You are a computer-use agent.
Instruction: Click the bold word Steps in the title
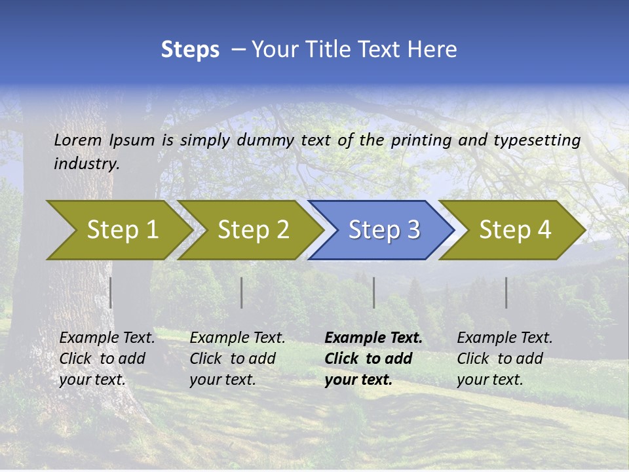click(x=190, y=50)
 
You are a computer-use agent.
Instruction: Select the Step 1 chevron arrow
click(x=118, y=230)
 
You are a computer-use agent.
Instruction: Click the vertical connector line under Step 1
click(x=111, y=292)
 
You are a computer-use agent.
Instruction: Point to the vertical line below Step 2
click(x=242, y=292)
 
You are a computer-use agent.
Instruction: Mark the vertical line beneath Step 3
click(x=374, y=292)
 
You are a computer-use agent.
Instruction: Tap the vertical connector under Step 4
click(x=506, y=292)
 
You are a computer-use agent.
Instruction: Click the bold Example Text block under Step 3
click(x=373, y=359)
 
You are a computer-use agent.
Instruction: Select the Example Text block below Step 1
click(x=107, y=359)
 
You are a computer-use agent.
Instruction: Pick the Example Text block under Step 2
click(x=237, y=359)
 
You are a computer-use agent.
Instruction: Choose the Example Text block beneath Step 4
click(x=505, y=359)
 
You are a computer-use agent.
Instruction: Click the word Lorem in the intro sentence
click(x=77, y=140)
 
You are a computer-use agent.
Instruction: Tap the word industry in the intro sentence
click(x=86, y=164)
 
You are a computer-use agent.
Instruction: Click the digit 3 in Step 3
click(x=413, y=230)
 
